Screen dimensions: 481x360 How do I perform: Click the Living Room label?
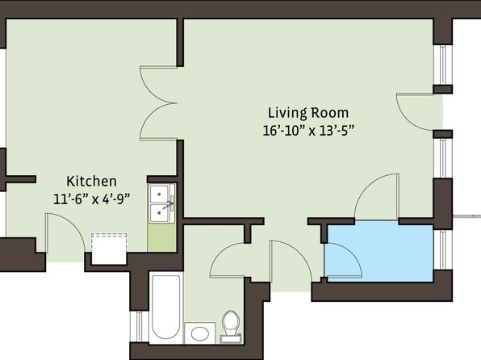coord(308,113)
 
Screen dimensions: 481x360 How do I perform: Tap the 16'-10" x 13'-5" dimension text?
coord(308,131)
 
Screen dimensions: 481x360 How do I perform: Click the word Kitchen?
coord(91,181)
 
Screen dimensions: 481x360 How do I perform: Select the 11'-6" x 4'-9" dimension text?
coord(91,199)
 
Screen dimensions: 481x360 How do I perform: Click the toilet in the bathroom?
coord(231,327)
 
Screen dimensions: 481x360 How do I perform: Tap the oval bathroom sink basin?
coord(199,333)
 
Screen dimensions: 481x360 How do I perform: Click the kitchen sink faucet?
coord(169,204)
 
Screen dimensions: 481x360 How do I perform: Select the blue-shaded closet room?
coord(380,253)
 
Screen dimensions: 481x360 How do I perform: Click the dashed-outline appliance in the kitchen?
coord(109,249)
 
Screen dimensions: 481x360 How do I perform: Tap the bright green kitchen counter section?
coord(161,237)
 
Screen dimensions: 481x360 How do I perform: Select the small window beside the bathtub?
coord(139,327)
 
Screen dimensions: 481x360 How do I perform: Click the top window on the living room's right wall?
coord(442,65)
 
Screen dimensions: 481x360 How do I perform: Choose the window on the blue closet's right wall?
coord(442,250)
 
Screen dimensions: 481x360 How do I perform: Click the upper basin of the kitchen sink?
coord(159,194)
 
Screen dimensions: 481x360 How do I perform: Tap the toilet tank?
coord(231,339)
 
